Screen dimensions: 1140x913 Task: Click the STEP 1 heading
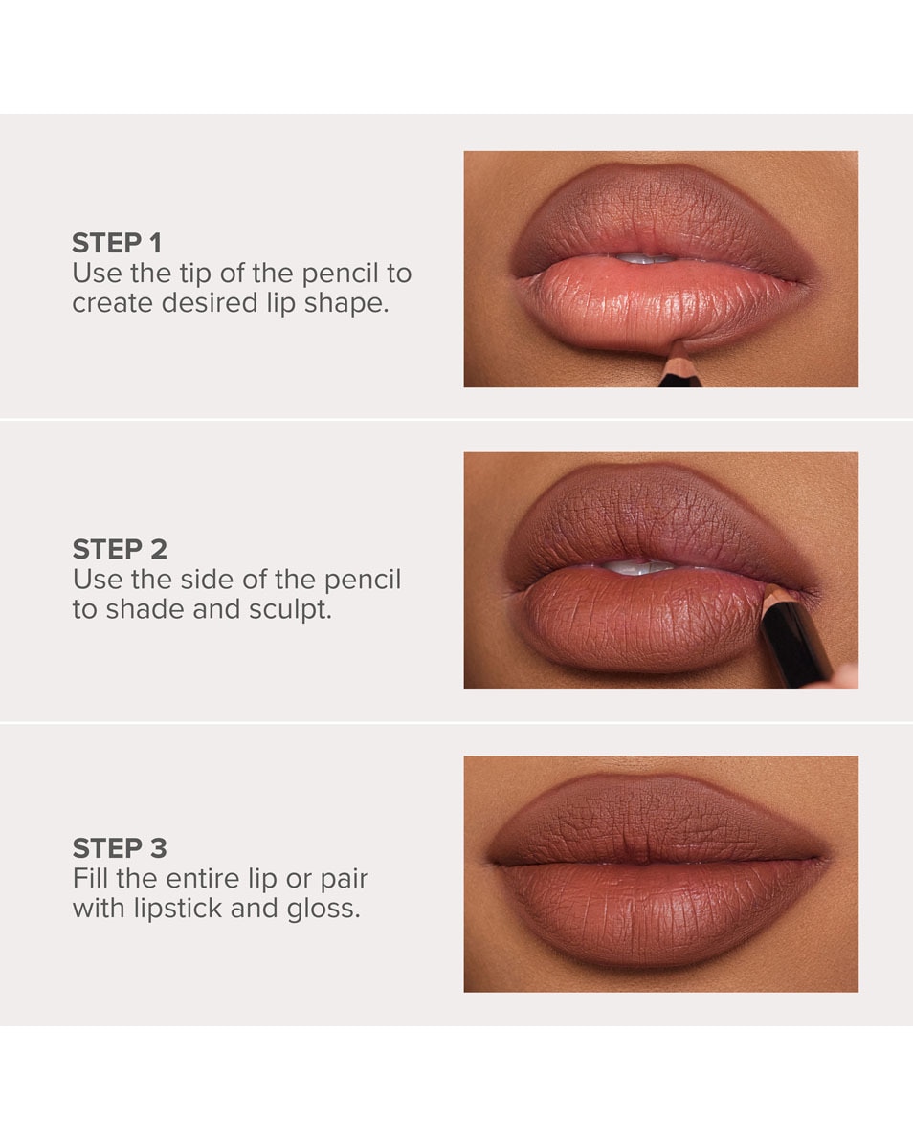click(x=117, y=243)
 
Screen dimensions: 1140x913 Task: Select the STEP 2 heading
click(x=120, y=549)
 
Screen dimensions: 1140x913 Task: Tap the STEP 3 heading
click(x=120, y=848)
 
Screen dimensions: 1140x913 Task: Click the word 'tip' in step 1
click(x=194, y=274)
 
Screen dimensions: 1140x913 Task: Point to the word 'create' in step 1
click(x=105, y=305)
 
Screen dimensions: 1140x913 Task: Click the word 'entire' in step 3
click(x=196, y=878)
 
